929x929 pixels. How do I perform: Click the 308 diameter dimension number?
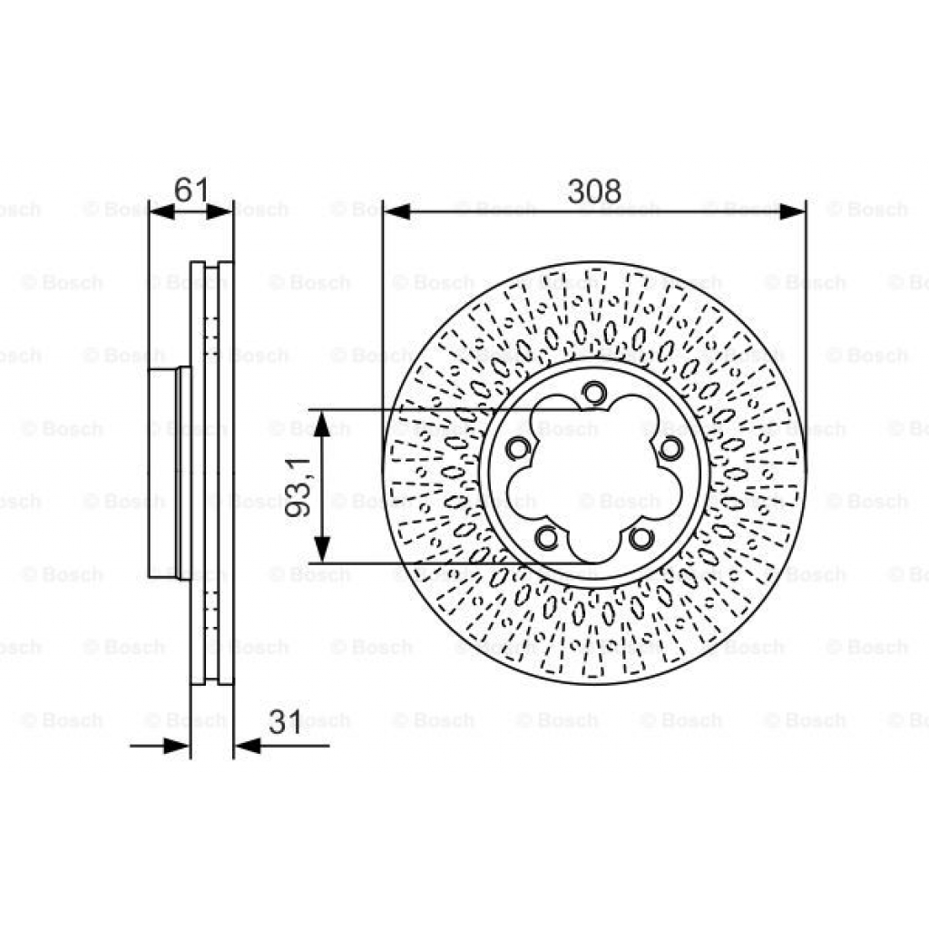pos(594,191)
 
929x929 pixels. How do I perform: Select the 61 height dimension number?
pos(191,191)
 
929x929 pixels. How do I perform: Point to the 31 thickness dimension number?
pos(286,722)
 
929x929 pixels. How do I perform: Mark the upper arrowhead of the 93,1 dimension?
pos(321,423)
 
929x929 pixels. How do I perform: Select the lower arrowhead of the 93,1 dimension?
pos(321,550)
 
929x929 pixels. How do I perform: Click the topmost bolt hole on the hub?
pos(593,393)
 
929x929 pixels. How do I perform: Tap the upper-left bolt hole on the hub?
pos(518,448)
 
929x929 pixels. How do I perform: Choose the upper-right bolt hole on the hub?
pos(670,447)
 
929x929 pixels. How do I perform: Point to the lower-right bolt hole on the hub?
pos(641,538)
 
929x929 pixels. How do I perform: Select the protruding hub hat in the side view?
pos(163,472)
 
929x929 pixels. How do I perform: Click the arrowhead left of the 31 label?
pos(178,746)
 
